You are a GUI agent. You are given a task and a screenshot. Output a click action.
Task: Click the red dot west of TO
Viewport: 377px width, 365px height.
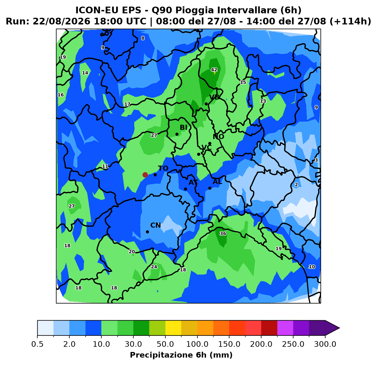click(145, 175)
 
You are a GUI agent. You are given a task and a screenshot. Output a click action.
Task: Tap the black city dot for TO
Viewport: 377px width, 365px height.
click(155, 175)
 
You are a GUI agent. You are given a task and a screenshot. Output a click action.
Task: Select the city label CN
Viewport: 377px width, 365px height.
click(156, 225)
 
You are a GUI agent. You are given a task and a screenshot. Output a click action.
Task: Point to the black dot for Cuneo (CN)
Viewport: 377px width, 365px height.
click(147, 232)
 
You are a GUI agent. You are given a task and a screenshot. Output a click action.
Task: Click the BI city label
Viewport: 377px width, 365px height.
click(183, 127)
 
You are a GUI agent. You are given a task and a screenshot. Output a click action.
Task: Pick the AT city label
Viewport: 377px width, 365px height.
click(193, 182)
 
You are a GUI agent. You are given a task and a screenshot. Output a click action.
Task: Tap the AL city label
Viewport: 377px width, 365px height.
click(217, 182)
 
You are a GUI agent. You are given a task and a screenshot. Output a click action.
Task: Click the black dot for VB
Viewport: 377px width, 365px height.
click(206, 104)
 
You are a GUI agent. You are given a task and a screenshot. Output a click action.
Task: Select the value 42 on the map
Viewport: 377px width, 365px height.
click(214, 70)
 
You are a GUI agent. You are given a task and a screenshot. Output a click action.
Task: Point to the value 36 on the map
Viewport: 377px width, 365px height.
click(223, 234)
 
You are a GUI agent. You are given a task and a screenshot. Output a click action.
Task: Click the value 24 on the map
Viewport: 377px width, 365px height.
click(154, 267)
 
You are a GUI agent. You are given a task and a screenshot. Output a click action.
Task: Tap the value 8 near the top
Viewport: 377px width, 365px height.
click(143, 38)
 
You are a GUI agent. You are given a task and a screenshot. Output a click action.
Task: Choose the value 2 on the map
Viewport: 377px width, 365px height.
click(296, 185)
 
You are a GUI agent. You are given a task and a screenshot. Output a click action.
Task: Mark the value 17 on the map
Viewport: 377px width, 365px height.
click(127, 104)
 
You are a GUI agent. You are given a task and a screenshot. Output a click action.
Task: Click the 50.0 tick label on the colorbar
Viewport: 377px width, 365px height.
click(165, 344)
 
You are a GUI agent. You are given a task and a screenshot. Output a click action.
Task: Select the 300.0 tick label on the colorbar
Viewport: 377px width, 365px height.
click(325, 344)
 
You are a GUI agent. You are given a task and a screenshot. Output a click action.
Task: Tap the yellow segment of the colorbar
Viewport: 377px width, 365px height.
click(173, 328)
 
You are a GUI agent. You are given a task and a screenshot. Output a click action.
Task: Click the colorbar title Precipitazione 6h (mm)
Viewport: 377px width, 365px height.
click(181, 355)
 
